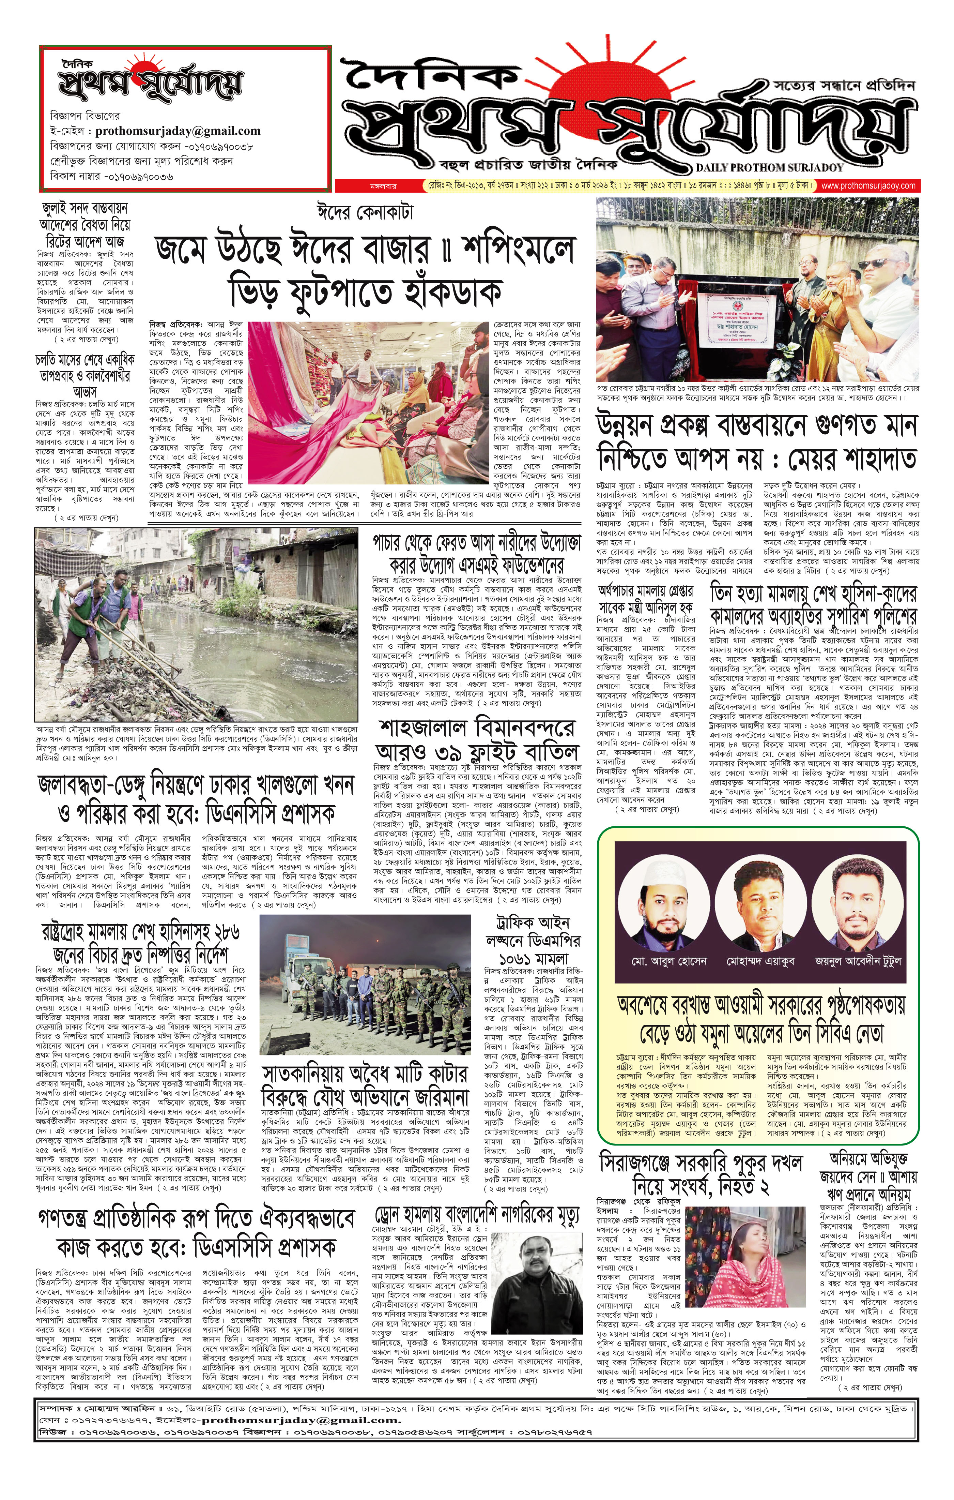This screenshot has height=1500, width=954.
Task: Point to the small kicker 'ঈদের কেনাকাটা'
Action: (364, 212)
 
